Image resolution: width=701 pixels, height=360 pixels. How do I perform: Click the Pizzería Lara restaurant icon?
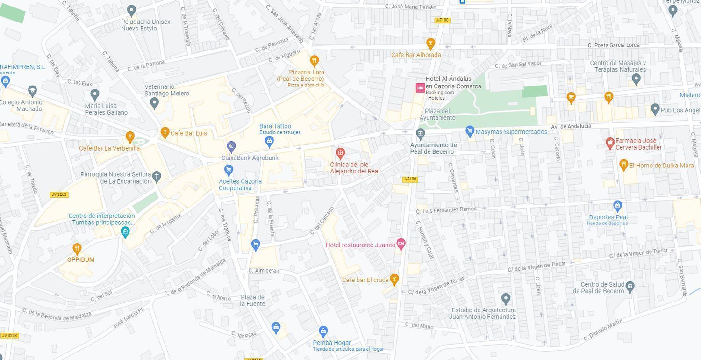[315, 60]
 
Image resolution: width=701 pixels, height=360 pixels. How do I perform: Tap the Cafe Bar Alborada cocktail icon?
[430, 43]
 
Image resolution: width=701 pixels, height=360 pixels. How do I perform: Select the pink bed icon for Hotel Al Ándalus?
[420, 87]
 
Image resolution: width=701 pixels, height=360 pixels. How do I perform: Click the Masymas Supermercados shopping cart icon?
[470, 131]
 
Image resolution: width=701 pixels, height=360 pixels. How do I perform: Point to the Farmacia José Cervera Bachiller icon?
[609, 143]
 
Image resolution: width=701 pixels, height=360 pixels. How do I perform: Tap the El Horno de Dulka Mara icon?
[623, 165]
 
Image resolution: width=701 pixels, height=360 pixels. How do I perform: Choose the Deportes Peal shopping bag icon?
[617, 205]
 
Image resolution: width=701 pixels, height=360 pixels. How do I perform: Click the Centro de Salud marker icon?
[630, 286]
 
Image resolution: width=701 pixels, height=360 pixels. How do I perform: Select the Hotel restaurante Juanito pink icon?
[401, 244]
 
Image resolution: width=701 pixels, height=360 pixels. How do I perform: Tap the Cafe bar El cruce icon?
[394, 279]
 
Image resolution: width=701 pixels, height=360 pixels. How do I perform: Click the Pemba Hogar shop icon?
[323, 331]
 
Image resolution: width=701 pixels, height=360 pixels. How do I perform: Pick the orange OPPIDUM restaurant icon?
[77, 249]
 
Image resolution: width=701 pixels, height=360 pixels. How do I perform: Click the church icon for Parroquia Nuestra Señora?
[157, 177]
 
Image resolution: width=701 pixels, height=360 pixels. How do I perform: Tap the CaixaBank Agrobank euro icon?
[231, 146]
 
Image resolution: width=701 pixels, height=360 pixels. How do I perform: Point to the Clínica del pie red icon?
[340, 153]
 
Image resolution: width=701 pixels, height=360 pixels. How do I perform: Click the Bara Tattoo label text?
[275, 126]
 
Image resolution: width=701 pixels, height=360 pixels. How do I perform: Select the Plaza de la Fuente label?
[252, 301]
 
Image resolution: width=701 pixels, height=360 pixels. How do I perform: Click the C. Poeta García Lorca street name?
[613, 45]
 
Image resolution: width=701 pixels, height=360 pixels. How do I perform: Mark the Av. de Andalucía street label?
[571, 126]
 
